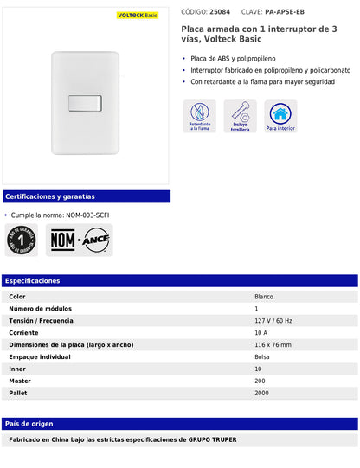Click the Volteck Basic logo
(137, 16)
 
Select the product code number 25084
(220, 12)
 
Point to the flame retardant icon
(199, 116)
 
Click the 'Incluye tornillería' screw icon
(240, 116)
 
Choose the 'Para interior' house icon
(280, 116)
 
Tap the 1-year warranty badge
(22, 240)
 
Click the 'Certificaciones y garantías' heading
(50, 196)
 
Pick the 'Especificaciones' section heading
(33, 281)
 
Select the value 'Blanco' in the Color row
(264, 297)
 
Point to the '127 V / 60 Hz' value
(273, 321)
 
